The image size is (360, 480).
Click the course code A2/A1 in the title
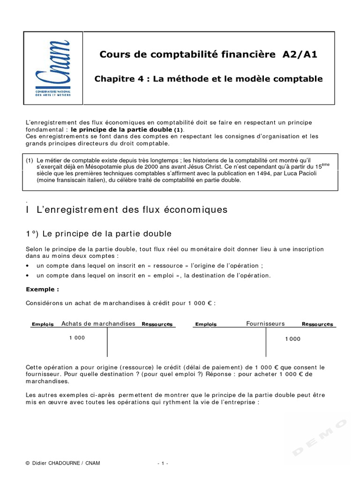tap(300, 54)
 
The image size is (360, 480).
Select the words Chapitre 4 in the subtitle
tap(116, 79)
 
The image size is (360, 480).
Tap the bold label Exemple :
tap(40, 289)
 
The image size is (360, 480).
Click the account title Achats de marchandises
tap(98, 323)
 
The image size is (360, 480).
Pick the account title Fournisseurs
tap(265, 323)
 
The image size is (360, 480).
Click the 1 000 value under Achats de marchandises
tap(77, 337)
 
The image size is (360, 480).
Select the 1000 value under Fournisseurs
tap(292, 339)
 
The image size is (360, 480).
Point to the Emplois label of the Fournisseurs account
tap(206, 324)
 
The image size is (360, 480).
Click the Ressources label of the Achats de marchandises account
tap(157, 324)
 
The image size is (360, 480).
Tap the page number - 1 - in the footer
tap(163, 463)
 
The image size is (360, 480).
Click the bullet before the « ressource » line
tap(28, 266)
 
